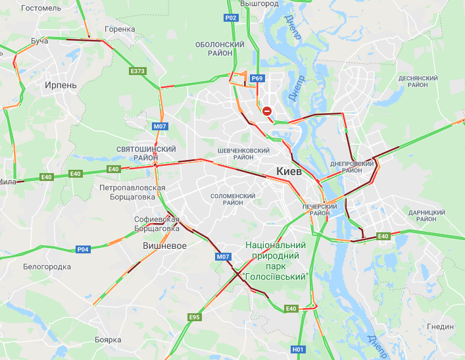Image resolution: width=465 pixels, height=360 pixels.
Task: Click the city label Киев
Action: pos(289,171)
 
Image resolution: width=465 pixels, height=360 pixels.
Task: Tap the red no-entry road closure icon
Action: pos(267,111)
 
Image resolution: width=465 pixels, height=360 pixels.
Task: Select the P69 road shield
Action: pos(257,78)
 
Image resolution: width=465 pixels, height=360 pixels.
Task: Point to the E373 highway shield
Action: pos(137,70)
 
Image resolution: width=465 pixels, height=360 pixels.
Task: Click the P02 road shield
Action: pos(230,18)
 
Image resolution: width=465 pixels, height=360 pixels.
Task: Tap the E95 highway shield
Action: pos(194,317)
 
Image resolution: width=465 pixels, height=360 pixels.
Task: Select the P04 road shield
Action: pos(82,249)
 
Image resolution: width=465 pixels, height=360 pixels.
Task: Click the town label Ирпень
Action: pos(61,86)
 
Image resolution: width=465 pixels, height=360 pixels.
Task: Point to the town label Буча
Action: pos(39,41)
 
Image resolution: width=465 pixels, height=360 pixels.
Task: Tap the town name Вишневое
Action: pos(164,245)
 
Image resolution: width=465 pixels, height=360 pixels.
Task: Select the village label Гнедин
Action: pos(440,326)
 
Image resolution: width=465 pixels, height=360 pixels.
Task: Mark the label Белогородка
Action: pos(47,267)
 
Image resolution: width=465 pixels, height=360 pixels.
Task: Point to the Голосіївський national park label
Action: pos(276,260)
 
